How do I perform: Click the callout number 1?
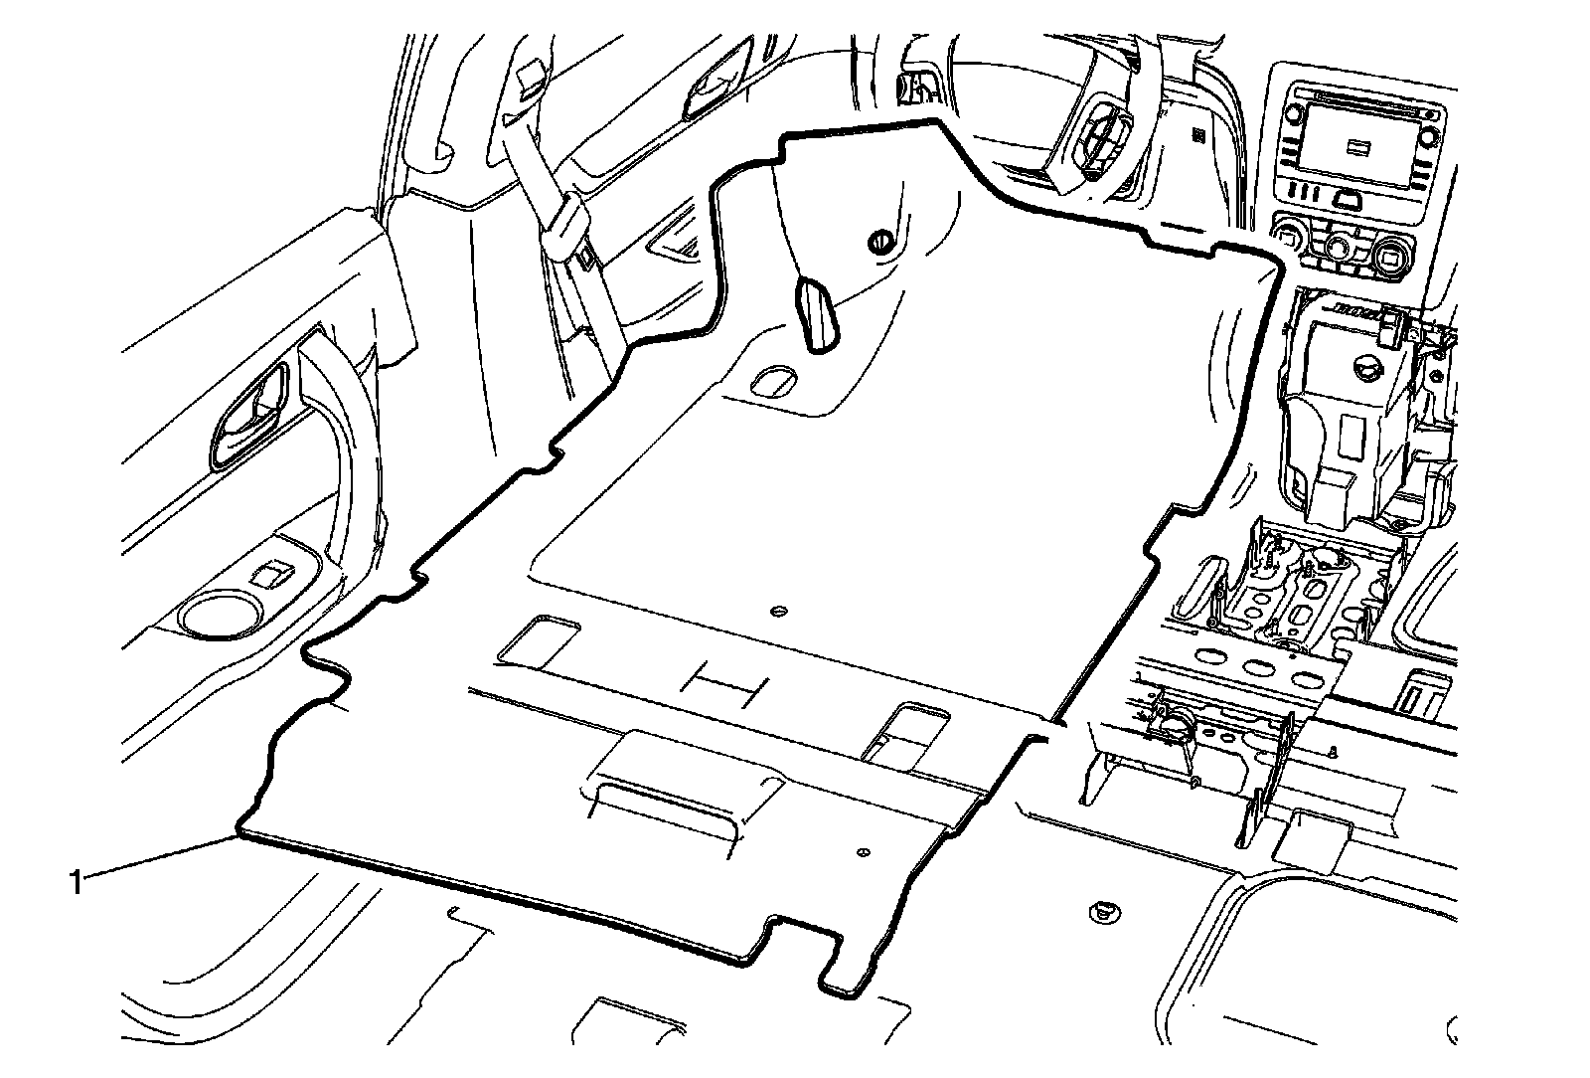[x=76, y=880]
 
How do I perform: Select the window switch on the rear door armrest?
[x=270, y=574]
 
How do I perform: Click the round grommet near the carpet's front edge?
[x=878, y=242]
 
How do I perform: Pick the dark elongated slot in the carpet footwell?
[x=815, y=315]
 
